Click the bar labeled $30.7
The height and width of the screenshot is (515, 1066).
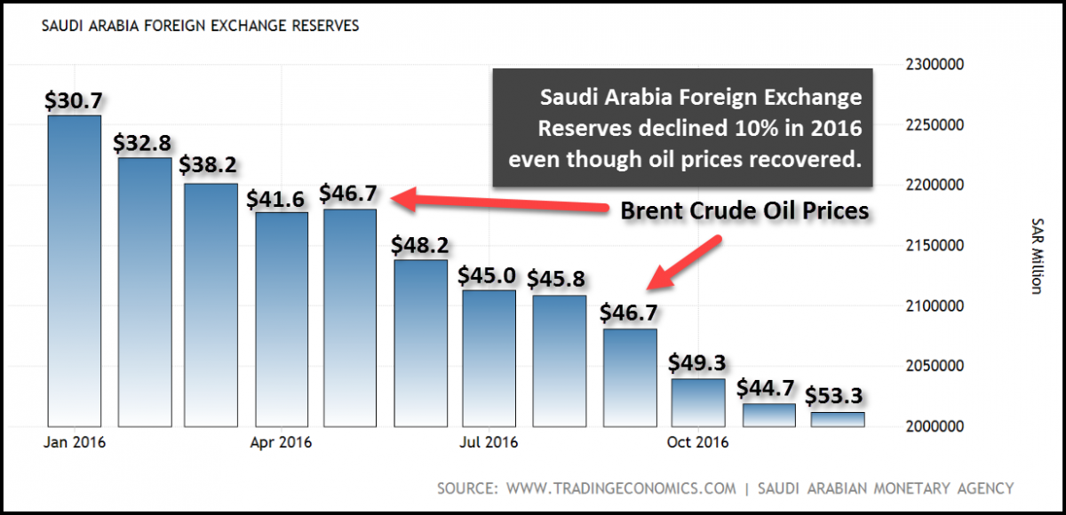tap(74, 271)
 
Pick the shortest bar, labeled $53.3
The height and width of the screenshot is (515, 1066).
tap(837, 419)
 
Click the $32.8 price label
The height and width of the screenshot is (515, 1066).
tap(142, 143)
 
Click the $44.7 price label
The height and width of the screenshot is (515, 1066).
tap(766, 388)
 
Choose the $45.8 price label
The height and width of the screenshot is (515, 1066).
tap(557, 280)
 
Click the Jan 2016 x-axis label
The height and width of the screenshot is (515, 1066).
tap(75, 442)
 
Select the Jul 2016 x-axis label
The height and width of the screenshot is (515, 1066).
tap(489, 442)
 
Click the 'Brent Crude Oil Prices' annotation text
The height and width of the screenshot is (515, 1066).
tap(744, 212)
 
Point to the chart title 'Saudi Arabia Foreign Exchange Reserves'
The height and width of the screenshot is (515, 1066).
tap(201, 27)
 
